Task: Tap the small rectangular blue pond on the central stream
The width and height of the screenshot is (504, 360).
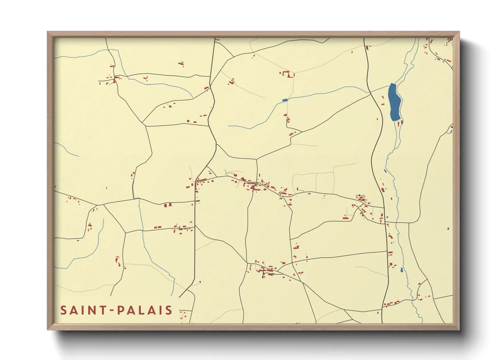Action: pyautogui.click(x=285, y=100)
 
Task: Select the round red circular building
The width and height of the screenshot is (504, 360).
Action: pyautogui.click(x=188, y=121)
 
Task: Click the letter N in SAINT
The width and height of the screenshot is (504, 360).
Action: pyautogui.click(x=92, y=310)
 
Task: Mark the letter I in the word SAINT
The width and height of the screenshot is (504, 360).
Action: pyautogui.click(x=83, y=310)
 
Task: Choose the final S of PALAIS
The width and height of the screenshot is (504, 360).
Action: pyautogui.click(x=169, y=310)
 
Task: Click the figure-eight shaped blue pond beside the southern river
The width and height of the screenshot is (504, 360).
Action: pyautogui.click(x=402, y=270)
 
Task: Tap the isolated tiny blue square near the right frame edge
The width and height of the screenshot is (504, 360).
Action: pyautogui.click(x=448, y=229)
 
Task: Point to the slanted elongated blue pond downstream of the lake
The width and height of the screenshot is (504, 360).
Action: pyautogui.click(x=385, y=171)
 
